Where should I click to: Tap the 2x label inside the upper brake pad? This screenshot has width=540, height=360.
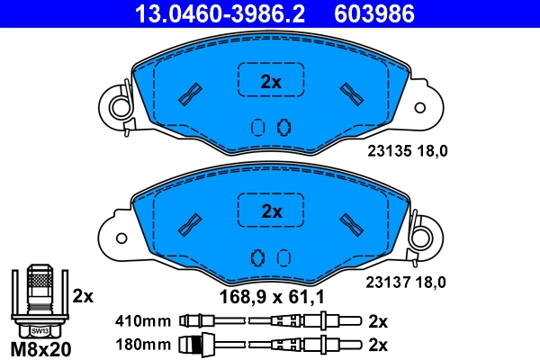tap(271, 82)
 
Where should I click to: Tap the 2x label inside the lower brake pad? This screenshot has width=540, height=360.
tap(271, 212)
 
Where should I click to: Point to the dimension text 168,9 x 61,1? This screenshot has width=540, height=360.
tap(271, 294)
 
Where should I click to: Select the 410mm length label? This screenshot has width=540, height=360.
tap(143, 320)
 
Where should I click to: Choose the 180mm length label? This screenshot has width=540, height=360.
tap(143, 344)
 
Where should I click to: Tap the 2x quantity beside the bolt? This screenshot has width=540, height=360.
tap(82, 295)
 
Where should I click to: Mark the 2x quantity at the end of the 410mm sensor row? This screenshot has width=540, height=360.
tap(378, 320)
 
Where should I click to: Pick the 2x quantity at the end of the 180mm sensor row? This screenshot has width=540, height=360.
tap(378, 344)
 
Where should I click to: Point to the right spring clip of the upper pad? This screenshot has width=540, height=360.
tap(424, 106)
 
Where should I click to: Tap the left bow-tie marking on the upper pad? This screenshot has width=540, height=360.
tap(191, 94)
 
